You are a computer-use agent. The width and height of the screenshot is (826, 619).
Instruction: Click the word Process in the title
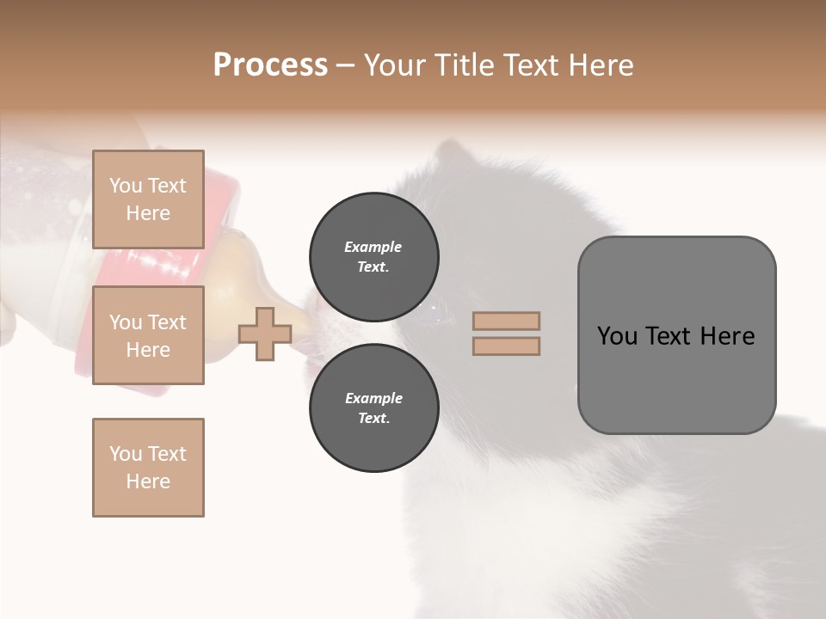click(x=270, y=65)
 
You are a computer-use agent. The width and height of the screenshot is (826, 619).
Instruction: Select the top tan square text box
click(x=148, y=199)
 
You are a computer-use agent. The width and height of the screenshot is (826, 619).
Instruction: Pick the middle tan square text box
click(x=148, y=335)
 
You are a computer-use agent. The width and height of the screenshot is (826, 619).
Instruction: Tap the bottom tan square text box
click(x=148, y=468)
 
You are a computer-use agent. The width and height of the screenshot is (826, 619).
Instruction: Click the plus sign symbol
click(x=264, y=334)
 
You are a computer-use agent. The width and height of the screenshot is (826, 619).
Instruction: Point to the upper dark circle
click(x=373, y=256)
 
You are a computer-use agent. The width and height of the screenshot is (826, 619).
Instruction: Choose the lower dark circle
click(x=373, y=408)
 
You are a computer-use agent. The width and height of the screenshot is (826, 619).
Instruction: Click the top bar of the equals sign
click(x=506, y=322)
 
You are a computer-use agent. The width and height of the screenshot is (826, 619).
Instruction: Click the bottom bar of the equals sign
click(x=506, y=346)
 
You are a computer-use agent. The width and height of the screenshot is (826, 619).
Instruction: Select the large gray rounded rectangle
click(x=676, y=335)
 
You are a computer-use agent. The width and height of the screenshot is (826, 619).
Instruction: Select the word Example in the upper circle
click(x=373, y=247)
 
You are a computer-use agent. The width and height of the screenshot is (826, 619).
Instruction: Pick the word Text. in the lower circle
click(x=373, y=418)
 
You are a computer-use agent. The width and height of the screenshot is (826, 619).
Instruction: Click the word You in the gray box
click(x=618, y=336)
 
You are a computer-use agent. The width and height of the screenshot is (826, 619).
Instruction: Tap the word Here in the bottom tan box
click(x=148, y=481)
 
